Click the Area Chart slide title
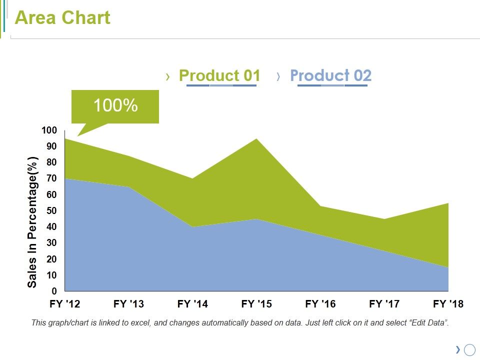pos(62,18)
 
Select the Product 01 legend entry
pos(219,75)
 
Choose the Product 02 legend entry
pos(330,75)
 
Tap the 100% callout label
pos(115,105)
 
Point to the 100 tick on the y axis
pos(49,130)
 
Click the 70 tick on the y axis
pos(52,178)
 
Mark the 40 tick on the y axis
pos(52,227)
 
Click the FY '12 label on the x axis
pos(65,304)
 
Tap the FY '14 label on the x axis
pos(192,304)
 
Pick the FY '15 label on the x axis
pos(256,304)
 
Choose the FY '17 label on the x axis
pos(384,304)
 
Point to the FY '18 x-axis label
pos(448,304)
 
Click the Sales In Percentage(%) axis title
pos(32,222)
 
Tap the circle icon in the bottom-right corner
pos(469,350)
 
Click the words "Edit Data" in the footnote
pos(429,323)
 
